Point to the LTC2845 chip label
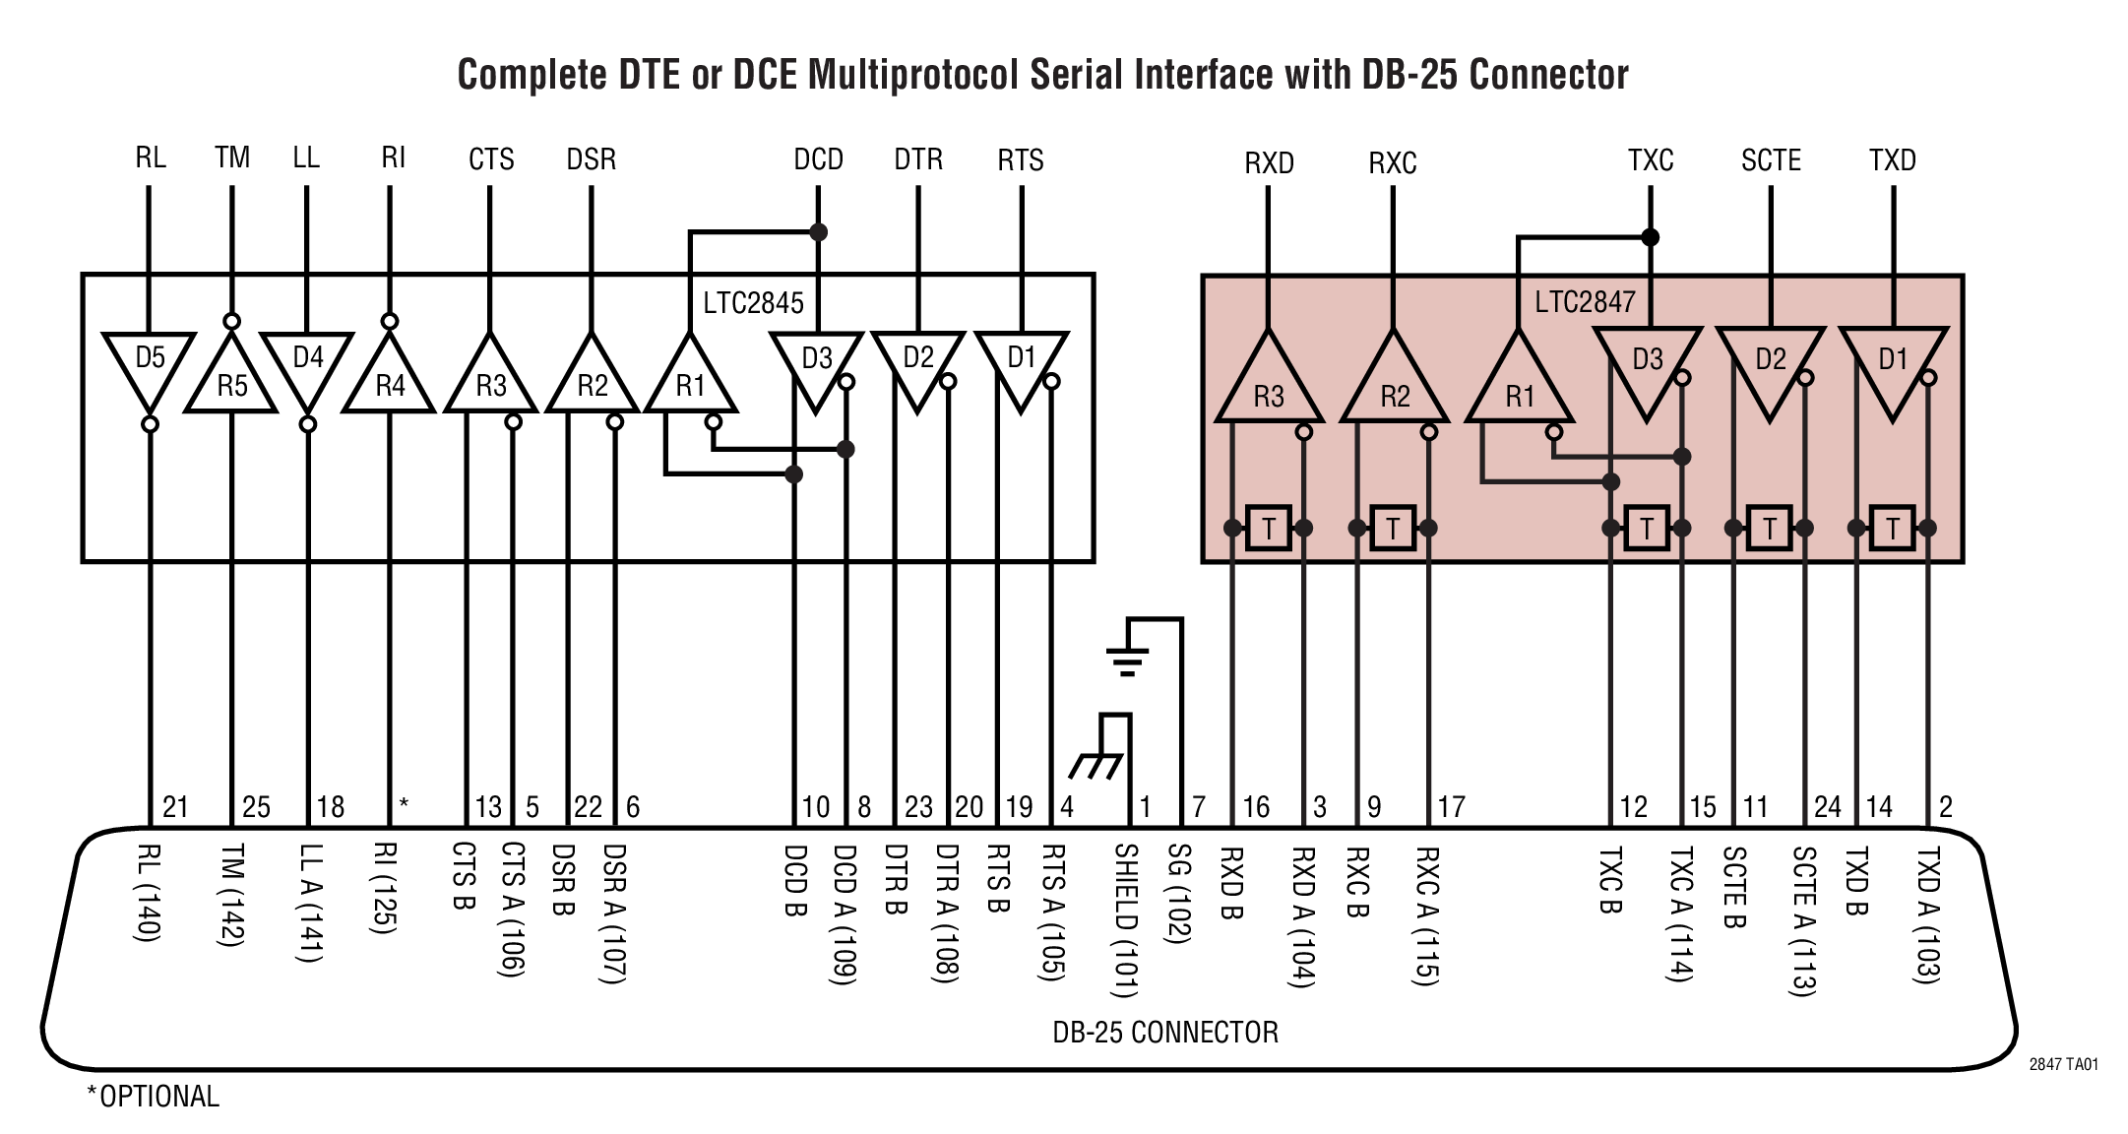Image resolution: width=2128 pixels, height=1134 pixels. [753, 302]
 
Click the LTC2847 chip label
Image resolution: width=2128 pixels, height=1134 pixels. [1585, 301]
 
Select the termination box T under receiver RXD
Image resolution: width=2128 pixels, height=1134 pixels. [1268, 529]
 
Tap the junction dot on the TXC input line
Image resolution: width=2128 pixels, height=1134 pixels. [1651, 237]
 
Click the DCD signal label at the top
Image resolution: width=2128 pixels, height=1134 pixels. [818, 159]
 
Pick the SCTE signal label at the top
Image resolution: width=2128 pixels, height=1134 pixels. [1770, 160]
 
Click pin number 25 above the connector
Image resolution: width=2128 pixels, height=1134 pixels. [256, 807]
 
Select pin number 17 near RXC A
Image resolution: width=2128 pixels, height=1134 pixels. [1451, 807]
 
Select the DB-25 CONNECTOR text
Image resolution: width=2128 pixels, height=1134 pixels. [1165, 1032]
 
